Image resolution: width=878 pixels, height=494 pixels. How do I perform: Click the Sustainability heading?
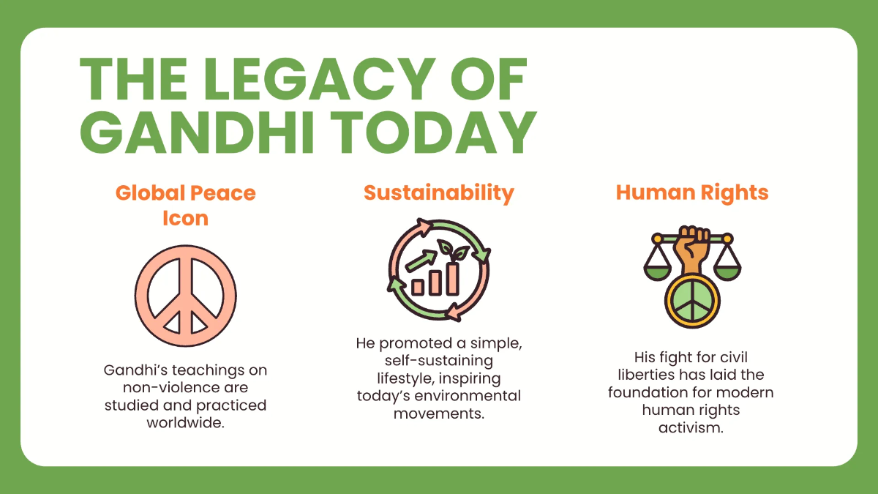[439, 192]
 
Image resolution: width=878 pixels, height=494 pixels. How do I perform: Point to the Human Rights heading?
[692, 192]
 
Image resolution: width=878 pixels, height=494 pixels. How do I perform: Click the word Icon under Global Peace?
[186, 218]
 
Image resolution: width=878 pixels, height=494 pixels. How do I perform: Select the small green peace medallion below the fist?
[691, 301]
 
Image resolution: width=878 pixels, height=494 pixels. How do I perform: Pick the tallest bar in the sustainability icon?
[453, 279]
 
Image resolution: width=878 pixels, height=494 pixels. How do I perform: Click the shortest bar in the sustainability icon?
[419, 286]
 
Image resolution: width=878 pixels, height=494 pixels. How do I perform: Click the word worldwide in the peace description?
[185, 423]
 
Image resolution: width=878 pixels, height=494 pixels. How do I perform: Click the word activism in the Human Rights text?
[691, 428]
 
